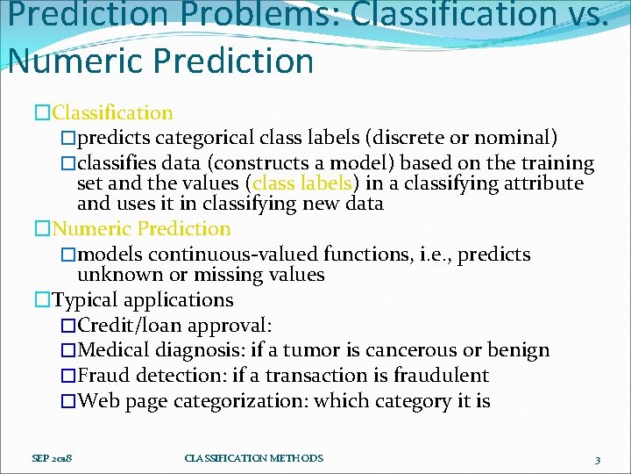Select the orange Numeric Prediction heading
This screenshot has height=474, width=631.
[x=141, y=229]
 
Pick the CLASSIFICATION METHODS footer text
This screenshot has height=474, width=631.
[x=254, y=458]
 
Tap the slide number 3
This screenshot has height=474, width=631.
[x=597, y=459]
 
